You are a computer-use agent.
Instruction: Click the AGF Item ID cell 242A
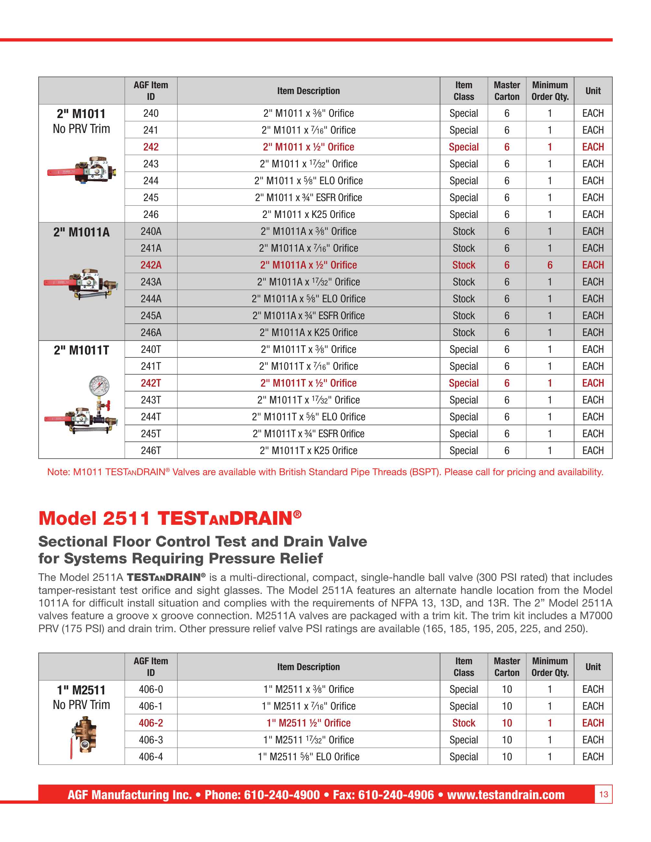tap(151, 265)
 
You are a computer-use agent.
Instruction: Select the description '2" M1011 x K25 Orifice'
tap(308, 214)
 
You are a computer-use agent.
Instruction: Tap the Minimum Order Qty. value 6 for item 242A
tap(549, 265)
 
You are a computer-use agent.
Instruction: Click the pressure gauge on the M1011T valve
tap(99, 386)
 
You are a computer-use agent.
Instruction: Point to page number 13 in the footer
tap(603, 794)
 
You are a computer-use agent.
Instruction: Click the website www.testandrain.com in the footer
tap(506, 795)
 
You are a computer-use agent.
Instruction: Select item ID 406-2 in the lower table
tap(151, 723)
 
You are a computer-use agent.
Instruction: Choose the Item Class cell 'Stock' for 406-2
tap(463, 723)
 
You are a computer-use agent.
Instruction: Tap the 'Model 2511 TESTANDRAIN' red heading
tap(170, 518)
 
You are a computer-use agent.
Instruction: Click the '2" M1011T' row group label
tap(81, 350)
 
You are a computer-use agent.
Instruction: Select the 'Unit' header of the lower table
tap(593, 667)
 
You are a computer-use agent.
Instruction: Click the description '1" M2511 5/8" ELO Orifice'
tap(308, 756)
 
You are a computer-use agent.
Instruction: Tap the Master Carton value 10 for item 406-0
tap(507, 689)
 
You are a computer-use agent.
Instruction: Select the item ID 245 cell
tap(151, 198)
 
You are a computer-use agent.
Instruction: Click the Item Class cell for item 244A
tap(463, 299)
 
